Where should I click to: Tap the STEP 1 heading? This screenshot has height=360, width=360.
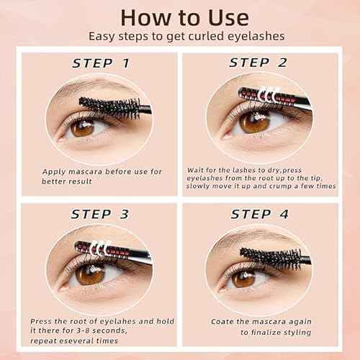(101, 63)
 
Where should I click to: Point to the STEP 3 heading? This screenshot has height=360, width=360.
(101, 214)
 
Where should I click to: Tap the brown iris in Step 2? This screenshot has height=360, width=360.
(253, 121)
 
